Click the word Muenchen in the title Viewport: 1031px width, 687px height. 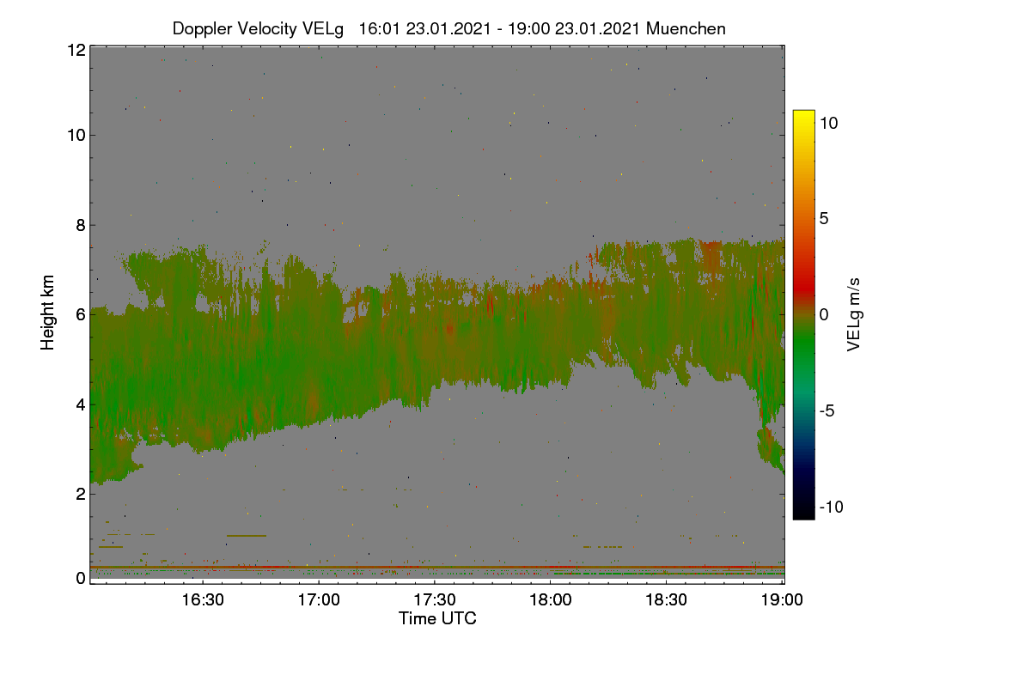click(686, 28)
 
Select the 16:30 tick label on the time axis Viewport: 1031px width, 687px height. click(203, 599)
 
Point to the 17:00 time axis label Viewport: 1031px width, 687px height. click(319, 599)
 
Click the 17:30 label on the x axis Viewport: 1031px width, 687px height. click(435, 599)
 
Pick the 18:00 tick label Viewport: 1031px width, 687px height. click(551, 599)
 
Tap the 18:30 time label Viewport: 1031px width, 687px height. click(666, 599)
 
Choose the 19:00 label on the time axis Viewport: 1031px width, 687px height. click(782, 599)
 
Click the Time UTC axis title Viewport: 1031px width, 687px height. click(437, 618)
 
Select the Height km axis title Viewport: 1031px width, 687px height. click(47, 313)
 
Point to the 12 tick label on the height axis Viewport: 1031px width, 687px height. click(76, 50)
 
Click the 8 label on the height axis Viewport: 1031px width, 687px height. click(82, 226)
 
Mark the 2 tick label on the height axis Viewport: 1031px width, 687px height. click(82, 494)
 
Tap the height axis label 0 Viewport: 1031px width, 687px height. click(82, 578)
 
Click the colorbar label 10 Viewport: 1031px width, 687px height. click(829, 123)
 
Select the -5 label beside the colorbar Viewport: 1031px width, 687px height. click(827, 410)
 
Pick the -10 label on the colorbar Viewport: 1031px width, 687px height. click(832, 507)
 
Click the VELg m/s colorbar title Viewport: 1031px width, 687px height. click(854, 315)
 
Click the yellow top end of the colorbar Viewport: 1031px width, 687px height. click(803, 112)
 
